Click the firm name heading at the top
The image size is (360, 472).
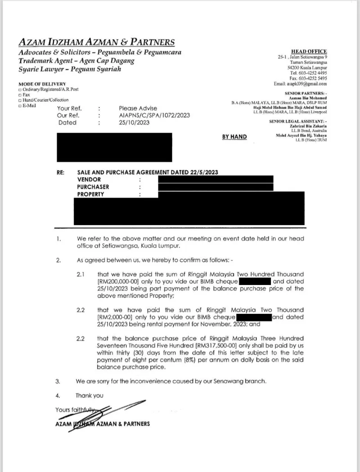(96, 43)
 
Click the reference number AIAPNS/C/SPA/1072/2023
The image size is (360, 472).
(154, 116)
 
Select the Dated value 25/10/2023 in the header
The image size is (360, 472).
(134, 122)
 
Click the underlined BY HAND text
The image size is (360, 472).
(234, 137)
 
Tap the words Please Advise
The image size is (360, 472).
(138, 108)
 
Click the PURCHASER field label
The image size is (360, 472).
(93, 187)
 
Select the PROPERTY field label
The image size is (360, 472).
(90, 194)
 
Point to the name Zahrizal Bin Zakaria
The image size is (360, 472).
(308, 126)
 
